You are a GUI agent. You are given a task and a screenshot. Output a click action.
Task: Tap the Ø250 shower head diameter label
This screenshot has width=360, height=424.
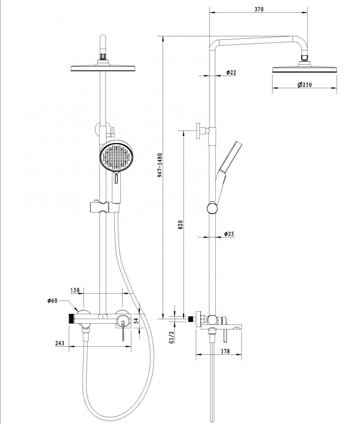[305, 85]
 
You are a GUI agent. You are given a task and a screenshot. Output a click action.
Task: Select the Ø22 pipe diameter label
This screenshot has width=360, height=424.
[231, 72]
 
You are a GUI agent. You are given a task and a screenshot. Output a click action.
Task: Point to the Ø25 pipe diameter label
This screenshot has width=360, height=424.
[230, 234]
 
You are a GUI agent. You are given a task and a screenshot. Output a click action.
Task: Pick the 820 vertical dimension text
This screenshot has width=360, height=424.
[180, 225]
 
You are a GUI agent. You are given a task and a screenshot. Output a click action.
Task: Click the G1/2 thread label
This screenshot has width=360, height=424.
[171, 337]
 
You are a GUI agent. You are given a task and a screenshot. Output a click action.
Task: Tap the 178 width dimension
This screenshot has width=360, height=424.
[225, 351]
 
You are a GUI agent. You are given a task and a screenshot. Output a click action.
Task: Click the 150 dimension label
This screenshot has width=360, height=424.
[75, 290]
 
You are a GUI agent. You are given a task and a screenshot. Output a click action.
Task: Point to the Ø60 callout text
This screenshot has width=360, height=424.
[52, 301]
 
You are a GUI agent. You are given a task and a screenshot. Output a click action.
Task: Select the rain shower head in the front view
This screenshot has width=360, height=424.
[103, 68]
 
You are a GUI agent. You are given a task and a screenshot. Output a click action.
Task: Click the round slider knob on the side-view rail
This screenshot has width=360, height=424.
[212, 208]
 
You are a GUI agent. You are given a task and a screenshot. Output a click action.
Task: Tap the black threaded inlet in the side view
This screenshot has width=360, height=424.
[192, 318]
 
